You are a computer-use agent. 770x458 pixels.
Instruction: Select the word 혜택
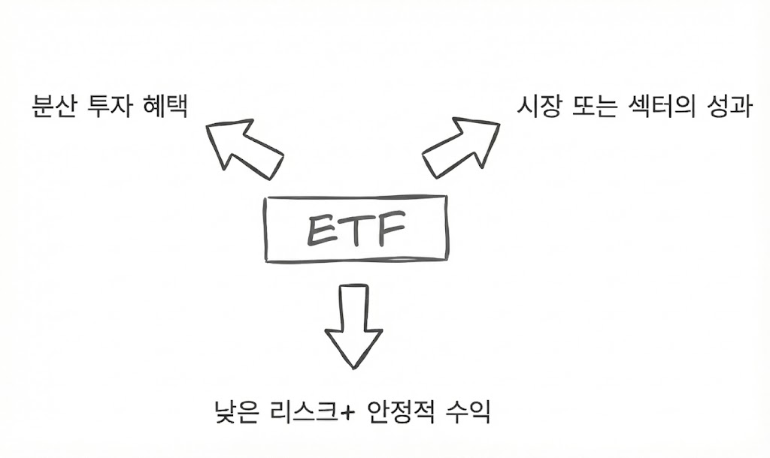(x=164, y=107)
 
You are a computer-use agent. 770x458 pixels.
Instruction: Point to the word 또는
(x=594, y=107)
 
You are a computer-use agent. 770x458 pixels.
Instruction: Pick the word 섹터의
(x=660, y=107)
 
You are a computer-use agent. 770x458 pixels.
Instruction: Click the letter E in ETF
(x=320, y=230)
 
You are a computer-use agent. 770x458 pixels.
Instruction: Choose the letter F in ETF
(x=391, y=230)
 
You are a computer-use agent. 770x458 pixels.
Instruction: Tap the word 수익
(x=469, y=411)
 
